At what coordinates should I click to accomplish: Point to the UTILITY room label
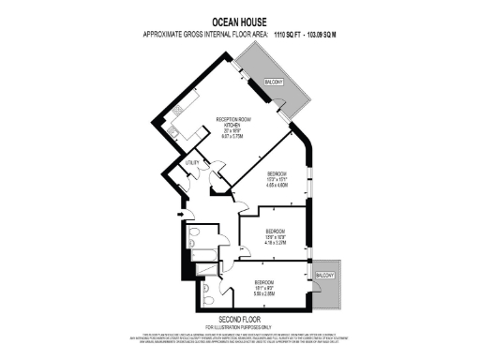click(x=192, y=162)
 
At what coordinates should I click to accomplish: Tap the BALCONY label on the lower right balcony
click(x=324, y=275)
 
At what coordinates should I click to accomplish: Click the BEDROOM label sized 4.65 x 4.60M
click(x=276, y=174)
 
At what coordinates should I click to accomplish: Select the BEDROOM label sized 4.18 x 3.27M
click(x=275, y=231)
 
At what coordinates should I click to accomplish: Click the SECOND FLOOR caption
click(x=240, y=319)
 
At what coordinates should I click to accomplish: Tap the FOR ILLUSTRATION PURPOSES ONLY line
click(x=240, y=326)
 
